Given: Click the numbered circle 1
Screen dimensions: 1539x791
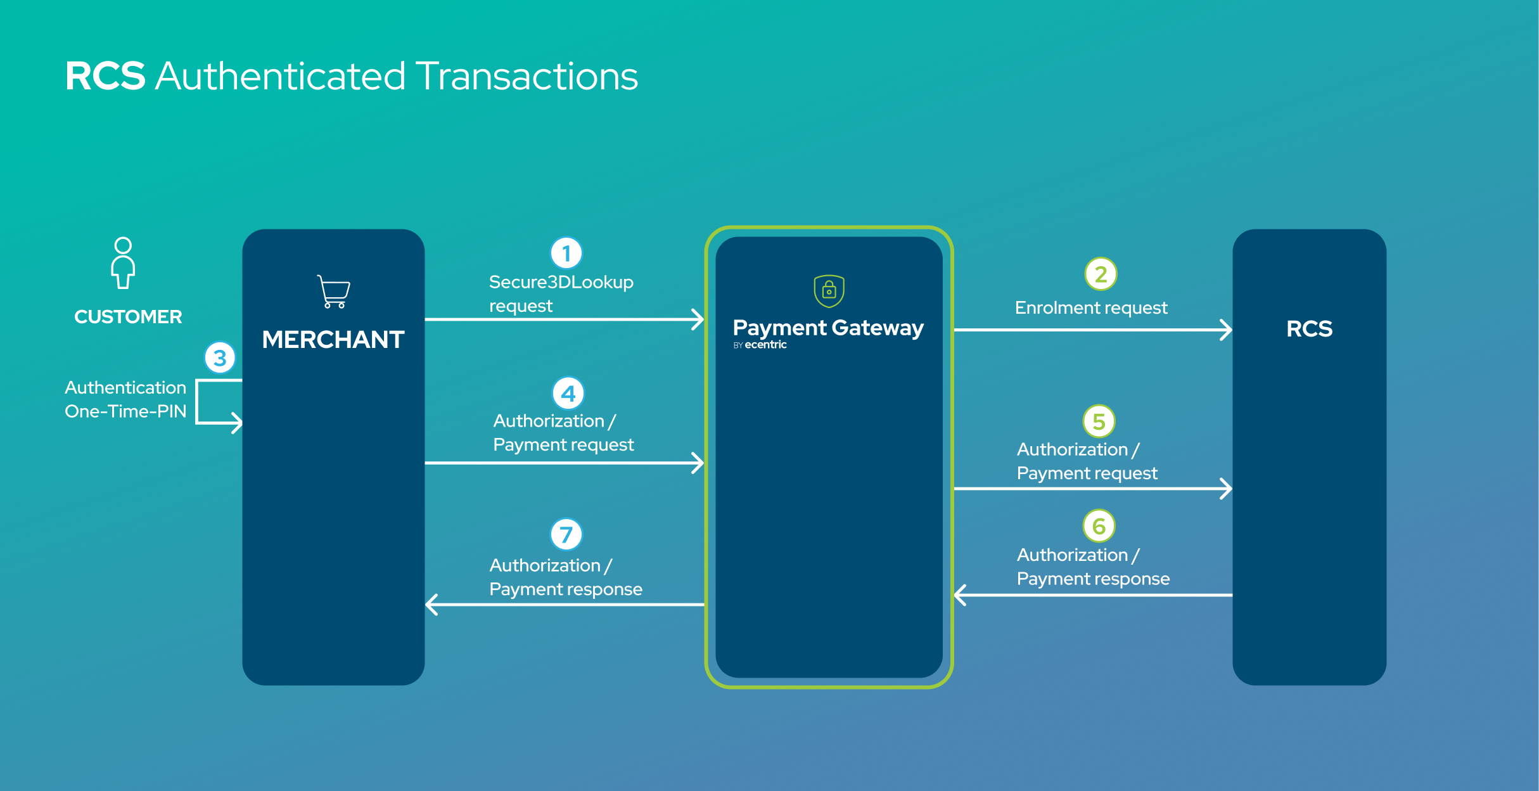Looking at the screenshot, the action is tap(566, 254).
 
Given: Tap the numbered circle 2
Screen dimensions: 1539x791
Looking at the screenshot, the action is tap(1101, 274).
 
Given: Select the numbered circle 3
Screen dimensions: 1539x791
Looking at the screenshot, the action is tap(220, 358).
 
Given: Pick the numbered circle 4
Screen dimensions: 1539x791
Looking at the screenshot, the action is tap(568, 394).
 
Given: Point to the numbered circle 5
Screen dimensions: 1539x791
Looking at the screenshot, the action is tap(1099, 421).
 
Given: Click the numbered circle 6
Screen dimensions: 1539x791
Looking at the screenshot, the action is tap(1099, 526).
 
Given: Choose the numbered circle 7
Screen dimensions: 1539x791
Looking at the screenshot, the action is tap(566, 535).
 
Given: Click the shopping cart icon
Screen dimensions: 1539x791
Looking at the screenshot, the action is tap(334, 292).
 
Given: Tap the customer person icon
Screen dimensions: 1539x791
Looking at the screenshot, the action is tap(123, 263).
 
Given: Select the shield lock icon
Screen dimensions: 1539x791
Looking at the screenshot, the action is tap(829, 291).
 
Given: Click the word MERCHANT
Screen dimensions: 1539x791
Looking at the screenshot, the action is tap(333, 340).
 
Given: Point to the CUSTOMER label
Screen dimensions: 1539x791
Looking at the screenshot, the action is tap(128, 317).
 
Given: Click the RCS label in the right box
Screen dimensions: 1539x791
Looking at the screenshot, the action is tap(1309, 329).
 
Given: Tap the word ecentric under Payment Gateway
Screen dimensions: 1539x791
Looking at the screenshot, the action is tap(765, 345).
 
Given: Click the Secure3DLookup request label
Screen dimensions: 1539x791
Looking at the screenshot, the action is tap(561, 294).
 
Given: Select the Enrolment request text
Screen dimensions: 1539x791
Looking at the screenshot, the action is tap(1091, 308).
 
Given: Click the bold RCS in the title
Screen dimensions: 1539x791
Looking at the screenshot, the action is tap(105, 76).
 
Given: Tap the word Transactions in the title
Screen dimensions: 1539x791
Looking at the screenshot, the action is tap(527, 76).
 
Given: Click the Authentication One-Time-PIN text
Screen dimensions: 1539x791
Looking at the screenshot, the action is tap(125, 399).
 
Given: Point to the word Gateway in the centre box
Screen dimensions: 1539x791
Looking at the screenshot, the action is tap(878, 328).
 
